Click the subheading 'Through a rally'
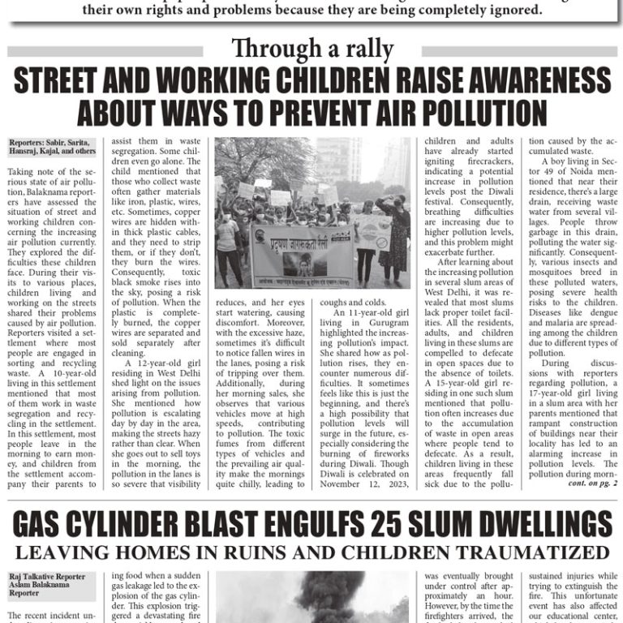(x=311, y=49)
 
